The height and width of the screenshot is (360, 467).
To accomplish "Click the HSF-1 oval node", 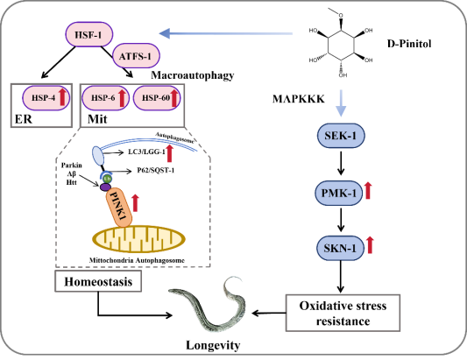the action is (89, 34).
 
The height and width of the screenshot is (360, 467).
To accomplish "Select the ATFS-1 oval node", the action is (136, 56).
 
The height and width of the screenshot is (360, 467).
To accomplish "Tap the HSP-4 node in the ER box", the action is (46, 98).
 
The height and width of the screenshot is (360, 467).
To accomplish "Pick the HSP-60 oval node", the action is (157, 98).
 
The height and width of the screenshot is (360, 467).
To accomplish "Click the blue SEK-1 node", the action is (341, 136).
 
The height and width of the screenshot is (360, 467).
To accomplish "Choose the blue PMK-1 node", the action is (338, 193).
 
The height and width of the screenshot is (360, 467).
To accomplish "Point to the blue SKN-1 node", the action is (340, 248).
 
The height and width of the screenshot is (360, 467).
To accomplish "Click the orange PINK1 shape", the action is (119, 208).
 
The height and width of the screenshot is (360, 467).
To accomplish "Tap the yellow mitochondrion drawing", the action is (138, 239).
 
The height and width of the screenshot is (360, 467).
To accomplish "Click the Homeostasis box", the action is (98, 281).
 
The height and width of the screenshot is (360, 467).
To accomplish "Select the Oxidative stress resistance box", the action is (343, 313).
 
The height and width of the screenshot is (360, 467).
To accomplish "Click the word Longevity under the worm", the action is (213, 345).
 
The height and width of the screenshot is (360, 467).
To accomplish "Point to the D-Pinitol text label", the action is (409, 44).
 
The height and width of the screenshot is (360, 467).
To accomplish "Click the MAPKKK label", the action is (299, 99).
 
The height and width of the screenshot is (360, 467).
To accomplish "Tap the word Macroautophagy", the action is (193, 75).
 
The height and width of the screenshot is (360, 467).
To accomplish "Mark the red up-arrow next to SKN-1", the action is (370, 245).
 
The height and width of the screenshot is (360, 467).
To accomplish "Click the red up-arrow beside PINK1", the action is (136, 203).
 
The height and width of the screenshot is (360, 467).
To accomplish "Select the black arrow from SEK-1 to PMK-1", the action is (341, 163).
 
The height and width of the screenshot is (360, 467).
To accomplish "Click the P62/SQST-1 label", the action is (155, 170).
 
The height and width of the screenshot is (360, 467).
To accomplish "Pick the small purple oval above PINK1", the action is (105, 187).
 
